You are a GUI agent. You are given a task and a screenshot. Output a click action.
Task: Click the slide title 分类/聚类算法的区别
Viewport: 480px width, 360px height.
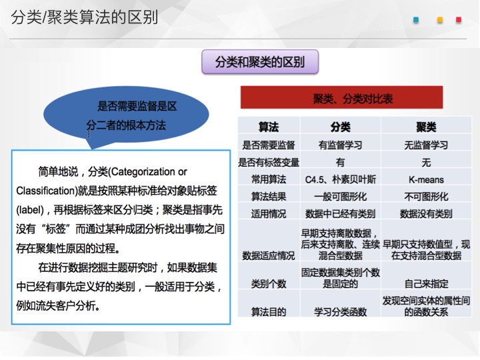pyautogui.click(x=85, y=17)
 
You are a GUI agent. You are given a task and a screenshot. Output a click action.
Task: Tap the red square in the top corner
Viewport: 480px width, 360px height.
pyautogui.click(x=459, y=20)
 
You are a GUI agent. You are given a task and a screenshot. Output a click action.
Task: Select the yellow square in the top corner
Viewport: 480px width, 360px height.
pyautogui.click(x=440, y=20)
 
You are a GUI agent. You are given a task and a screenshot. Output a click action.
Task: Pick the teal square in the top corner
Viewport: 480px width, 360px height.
pyautogui.click(x=416, y=20)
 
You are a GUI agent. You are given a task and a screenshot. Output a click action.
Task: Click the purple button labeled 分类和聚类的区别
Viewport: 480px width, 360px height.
pyautogui.click(x=260, y=62)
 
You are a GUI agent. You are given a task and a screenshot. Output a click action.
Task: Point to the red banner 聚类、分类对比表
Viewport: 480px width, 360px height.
pyautogui.click(x=341, y=97)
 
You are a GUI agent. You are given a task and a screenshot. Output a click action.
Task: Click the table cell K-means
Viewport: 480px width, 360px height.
pyautogui.click(x=426, y=180)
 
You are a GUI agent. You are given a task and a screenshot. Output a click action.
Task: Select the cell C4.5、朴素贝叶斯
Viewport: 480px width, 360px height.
pyautogui.click(x=341, y=180)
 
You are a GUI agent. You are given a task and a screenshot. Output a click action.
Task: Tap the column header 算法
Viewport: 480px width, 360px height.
pyautogui.click(x=269, y=127)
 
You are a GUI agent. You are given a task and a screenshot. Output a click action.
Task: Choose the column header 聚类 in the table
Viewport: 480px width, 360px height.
pyautogui.click(x=426, y=127)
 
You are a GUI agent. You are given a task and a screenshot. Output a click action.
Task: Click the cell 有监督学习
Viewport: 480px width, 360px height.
pyautogui.click(x=341, y=145)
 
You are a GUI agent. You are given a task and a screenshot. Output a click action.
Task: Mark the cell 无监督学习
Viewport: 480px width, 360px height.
pyautogui.click(x=426, y=145)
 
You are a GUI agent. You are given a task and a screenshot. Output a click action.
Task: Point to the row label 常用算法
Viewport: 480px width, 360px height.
pyautogui.click(x=269, y=180)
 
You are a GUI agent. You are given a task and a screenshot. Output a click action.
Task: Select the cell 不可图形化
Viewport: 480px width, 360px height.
pyautogui.click(x=426, y=197)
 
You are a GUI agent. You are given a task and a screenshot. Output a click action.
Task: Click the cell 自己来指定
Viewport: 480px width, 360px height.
pyautogui.click(x=426, y=284)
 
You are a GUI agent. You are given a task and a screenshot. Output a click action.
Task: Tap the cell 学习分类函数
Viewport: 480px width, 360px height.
pyautogui.click(x=341, y=312)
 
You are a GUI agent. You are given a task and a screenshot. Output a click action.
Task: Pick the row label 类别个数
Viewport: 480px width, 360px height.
pyautogui.click(x=269, y=284)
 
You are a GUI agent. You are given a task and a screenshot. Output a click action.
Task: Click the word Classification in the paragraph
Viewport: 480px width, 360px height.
pyautogui.click(x=45, y=191)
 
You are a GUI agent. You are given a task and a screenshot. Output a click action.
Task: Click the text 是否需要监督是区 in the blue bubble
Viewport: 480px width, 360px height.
pyautogui.click(x=137, y=107)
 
